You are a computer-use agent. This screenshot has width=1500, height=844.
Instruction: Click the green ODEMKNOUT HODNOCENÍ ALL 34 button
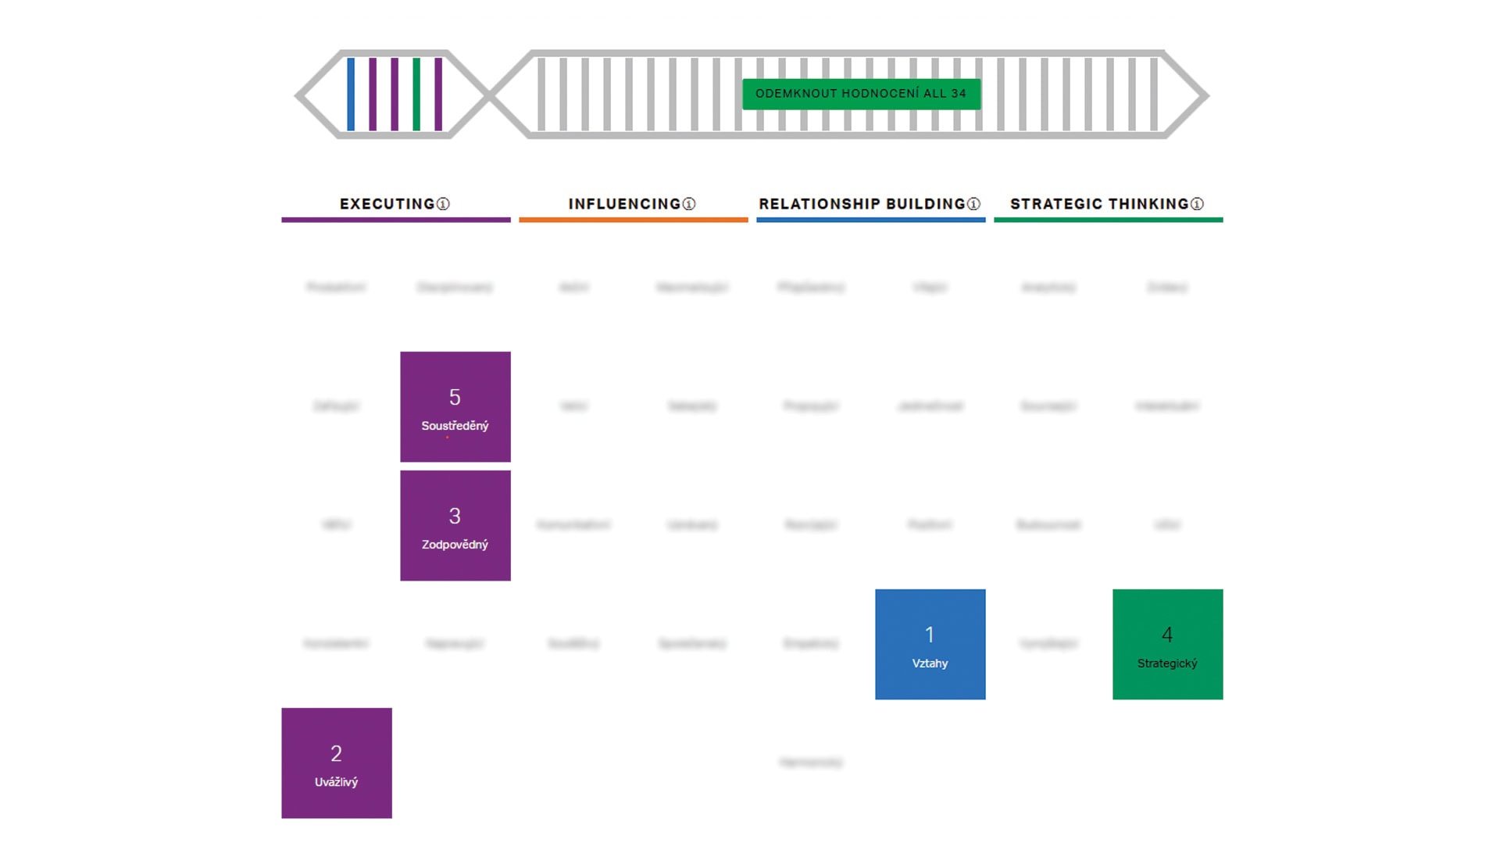861,94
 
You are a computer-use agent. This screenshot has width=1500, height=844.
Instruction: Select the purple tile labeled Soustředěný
455,407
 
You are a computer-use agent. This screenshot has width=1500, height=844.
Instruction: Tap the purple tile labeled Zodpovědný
455,526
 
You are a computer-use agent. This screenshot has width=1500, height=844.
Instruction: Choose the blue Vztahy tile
930,645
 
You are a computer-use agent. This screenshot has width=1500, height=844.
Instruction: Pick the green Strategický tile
1167,645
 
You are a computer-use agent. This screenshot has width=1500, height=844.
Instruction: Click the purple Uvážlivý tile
336,764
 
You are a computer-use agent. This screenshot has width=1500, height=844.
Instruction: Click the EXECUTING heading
387,204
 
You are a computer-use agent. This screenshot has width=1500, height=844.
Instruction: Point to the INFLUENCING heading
624,204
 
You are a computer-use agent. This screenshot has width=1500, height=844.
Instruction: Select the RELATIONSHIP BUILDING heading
862,204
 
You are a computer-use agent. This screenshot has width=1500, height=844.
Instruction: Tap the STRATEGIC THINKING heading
1099,204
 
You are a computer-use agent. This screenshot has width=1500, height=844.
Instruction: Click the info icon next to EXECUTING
443,204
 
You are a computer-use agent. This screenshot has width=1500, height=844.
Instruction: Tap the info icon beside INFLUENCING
689,204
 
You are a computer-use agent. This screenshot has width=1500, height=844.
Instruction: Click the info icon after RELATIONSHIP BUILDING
973,204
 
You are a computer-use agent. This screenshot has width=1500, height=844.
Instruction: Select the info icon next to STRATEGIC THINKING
1197,204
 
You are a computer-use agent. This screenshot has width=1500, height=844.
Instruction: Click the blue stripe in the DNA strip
351,95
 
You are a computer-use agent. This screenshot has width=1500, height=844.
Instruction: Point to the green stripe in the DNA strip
416,95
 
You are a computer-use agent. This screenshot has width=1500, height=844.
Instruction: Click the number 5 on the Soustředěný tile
455,397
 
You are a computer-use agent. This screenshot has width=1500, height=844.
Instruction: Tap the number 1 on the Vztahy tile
930,635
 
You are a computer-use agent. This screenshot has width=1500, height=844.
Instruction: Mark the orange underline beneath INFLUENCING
633,220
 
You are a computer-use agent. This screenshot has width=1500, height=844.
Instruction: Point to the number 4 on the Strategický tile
1167,635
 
